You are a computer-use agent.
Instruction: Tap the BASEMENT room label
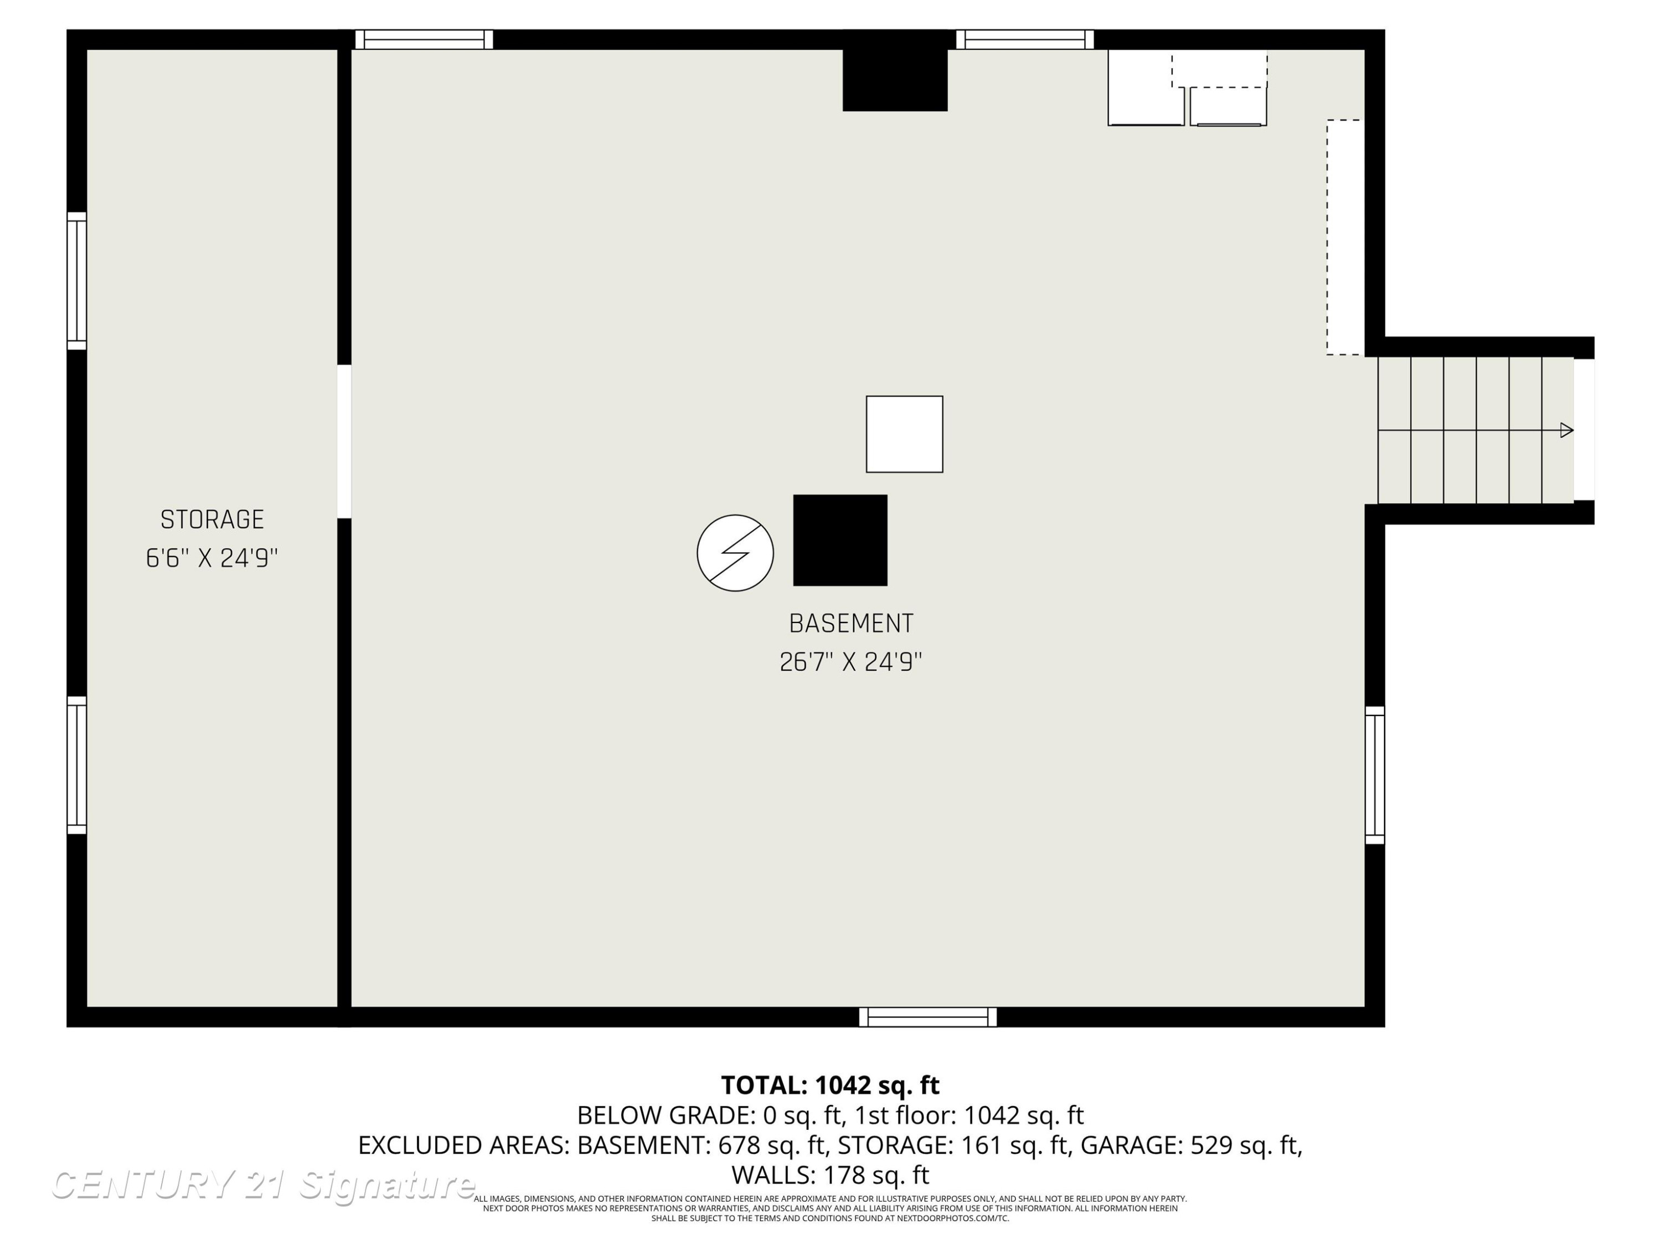coord(851,624)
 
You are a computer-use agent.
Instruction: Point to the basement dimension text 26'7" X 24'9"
coord(851,662)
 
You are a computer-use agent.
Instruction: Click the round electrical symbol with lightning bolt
coord(735,553)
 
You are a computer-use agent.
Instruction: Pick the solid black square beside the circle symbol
coord(840,540)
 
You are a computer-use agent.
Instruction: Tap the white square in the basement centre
coord(904,434)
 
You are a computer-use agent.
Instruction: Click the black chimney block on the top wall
coord(895,70)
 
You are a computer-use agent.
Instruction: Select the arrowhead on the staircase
coord(1566,430)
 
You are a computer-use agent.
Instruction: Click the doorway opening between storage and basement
coord(344,441)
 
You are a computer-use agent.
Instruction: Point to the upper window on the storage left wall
coord(76,281)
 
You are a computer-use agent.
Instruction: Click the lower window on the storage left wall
coord(76,765)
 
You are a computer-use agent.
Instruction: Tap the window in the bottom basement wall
coord(928,1017)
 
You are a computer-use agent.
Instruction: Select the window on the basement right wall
coord(1375,775)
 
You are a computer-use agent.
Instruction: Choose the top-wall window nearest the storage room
coord(424,40)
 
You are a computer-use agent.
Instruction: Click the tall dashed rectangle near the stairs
coord(1345,238)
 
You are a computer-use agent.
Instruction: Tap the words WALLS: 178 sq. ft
coord(830,1175)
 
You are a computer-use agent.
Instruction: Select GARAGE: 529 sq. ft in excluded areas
coord(1190,1145)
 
